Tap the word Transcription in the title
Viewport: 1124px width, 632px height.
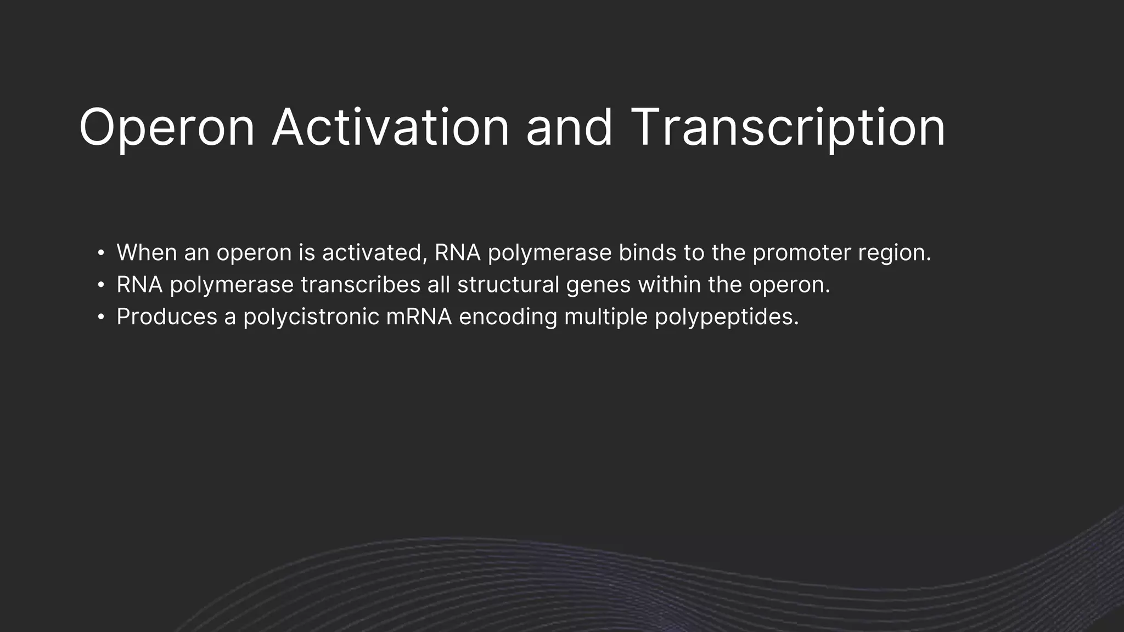point(788,128)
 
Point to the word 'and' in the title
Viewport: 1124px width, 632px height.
point(569,128)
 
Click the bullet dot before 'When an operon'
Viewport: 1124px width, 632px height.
point(100,253)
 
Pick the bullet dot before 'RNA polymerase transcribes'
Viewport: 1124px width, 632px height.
point(100,285)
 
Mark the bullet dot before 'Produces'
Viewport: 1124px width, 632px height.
point(100,317)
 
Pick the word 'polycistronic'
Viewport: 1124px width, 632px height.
point(311,318)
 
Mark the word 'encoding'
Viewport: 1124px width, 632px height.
point(508,318)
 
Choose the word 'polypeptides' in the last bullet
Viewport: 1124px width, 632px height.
point(726,318)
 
